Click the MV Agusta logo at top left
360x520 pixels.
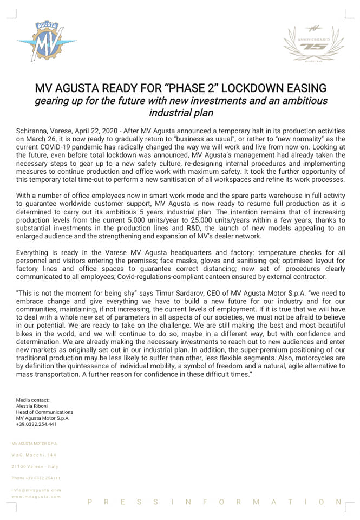point(47,42)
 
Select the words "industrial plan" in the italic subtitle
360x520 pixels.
point(181,113)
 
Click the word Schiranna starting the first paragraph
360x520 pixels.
point(33,132)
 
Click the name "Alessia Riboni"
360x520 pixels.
point(32,406)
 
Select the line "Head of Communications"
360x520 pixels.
point(44,412)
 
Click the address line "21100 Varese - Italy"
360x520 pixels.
point(35,466)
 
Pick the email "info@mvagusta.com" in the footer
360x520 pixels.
point(36,490)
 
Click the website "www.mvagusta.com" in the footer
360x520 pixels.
point(36,496)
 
